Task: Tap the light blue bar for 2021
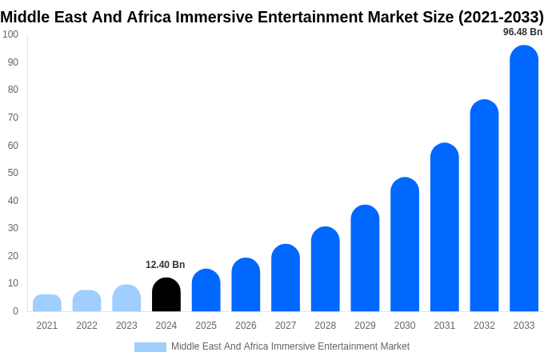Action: pyautogui.click(x=47, y=303)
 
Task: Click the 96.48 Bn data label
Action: pyautogui.click(x=522, y=32)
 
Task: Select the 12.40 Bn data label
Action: pyautogui.click(x=165, y=265)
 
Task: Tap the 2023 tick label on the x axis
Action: pyautogui.click(x=126, y=326)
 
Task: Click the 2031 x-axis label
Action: pyautogui.click(x=445, y=326)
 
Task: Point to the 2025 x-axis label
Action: pyautogui.click(x=206, y=326)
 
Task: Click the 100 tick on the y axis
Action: pyautogui.click(x=10, y=34)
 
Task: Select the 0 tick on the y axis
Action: pyautogui.click(x=15, y=311)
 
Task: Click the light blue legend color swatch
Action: pyautogui.click(x=150, y=347)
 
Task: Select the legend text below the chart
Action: pyautogui.click(x=290, y=346)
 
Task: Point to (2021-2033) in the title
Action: pyautogui.click(x=500, y=17)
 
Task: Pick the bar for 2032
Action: pyautogui.click(x=484, y=206)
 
